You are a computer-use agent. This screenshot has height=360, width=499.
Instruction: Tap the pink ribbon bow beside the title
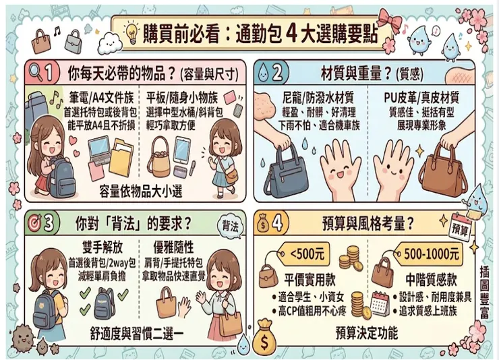pos(390,19)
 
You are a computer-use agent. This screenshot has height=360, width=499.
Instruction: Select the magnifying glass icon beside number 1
pos(36,73)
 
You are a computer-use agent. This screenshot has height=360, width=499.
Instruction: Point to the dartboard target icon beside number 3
pos(34,223)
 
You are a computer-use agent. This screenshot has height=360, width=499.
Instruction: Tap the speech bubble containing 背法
pos(230,227)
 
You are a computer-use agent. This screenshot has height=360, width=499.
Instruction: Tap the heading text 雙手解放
pos(102,247)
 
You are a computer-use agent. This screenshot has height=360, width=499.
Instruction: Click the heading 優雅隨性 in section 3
pos(174,247)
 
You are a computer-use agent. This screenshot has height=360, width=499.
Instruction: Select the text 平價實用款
pos(310,280)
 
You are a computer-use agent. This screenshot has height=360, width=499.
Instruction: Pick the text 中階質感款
pos(431,280)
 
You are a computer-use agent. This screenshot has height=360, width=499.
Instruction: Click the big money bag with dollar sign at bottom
pos(264,338)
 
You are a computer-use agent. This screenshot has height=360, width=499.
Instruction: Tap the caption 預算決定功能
pos(367,333)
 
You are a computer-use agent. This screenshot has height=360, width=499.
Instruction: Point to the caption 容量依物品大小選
pos(141,191)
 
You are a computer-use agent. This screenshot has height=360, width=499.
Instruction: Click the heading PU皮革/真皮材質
pos(421,98)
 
